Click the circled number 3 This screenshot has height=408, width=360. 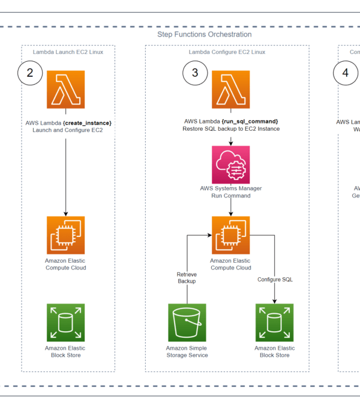(x=195, y=73)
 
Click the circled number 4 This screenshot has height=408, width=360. (x=345, y=73)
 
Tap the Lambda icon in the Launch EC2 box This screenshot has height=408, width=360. (x=65, y=89)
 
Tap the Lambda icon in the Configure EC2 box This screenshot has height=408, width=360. (x=230, y=89)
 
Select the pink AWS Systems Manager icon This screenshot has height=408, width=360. (x=230, y=164)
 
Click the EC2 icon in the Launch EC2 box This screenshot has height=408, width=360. (x=65, y=235)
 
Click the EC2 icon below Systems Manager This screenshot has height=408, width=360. (x=230, y=235)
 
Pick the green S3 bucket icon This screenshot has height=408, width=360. (x=187, y=322)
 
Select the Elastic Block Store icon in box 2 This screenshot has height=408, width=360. (x=65, y=322)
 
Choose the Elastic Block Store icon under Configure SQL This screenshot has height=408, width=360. (x=275, y=322)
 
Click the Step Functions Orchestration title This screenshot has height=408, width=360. (x=204, y=35)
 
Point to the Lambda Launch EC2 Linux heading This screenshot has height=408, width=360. (x=68, y=52)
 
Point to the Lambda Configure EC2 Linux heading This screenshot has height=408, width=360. (x=227, y=52)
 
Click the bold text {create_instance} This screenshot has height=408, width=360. (x=87, y=122)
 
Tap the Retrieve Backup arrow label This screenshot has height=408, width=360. (x=187, y=277)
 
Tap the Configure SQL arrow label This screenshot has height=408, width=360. (x=275, y=280)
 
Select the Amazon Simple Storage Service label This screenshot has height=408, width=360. (x=187, y=352)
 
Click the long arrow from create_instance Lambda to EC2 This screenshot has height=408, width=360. (x=65, y=174)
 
